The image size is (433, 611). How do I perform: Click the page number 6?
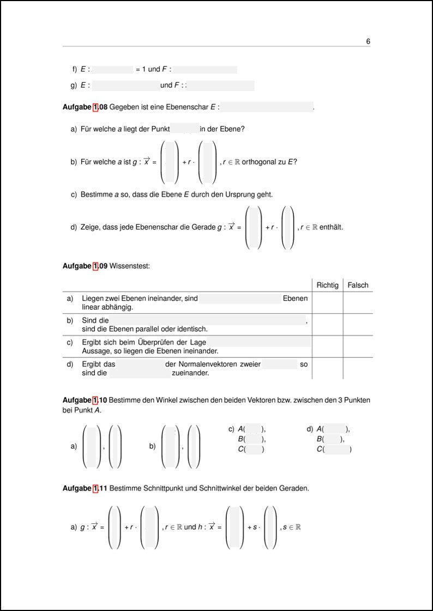point(368,41)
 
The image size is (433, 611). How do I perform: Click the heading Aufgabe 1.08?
point(85,107)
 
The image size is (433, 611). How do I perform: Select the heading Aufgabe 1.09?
point(85,266)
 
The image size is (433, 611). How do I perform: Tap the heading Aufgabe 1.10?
point(85,400)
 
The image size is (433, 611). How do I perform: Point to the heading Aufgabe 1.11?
point(85,488)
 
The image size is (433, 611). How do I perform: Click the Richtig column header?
point(327,285)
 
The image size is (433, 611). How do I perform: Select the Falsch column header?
point(358,285)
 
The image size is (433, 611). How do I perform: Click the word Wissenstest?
point(130,266)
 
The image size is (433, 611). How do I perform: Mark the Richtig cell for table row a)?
point(327,303)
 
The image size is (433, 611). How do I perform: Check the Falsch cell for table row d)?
point(358,368)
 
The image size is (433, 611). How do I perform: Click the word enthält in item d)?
point(331,227)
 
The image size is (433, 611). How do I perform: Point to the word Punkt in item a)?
point(158,129)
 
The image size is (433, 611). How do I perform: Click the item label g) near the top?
point(74,86)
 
